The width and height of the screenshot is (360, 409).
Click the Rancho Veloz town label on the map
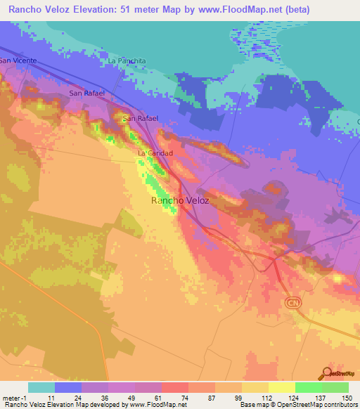[180, 200]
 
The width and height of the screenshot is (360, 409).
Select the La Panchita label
[127, 61]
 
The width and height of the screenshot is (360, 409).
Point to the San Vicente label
[17, 60]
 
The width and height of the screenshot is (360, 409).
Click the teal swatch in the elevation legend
[41, 387]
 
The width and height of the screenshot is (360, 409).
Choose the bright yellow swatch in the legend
[281, 387]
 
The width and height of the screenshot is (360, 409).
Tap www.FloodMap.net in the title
[229, 10]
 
